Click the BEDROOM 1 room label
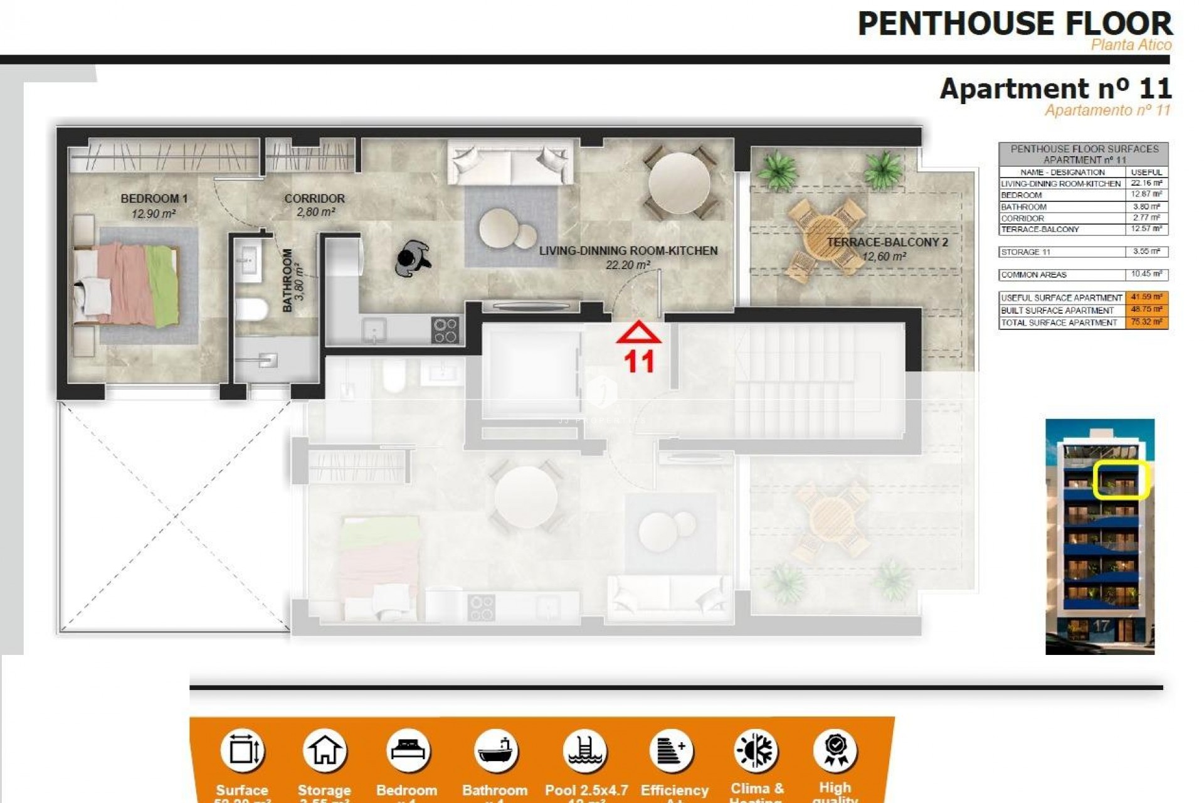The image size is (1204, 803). pos(154,199)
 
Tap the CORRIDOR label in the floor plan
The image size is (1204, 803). pos(314,199)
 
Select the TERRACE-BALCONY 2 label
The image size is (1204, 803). pos(887,242)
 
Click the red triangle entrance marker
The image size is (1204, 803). pos(638,333)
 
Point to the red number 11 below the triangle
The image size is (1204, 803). pos(639,361)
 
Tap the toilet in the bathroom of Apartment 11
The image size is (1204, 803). pos(252,309)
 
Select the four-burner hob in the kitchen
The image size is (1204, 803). pos(445,330)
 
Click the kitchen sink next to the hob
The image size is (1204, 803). pos(375,329)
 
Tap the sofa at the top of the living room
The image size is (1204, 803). pos(510,163)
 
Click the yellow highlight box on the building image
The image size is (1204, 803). pos(1120,480)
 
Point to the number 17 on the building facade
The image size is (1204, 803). pos(1101,626)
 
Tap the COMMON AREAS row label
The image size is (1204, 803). pos(1033,275)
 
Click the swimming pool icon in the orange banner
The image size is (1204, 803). pos(585,750)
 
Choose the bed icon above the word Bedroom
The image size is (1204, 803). pos(408,750)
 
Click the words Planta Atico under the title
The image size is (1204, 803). pos(1131,45)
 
